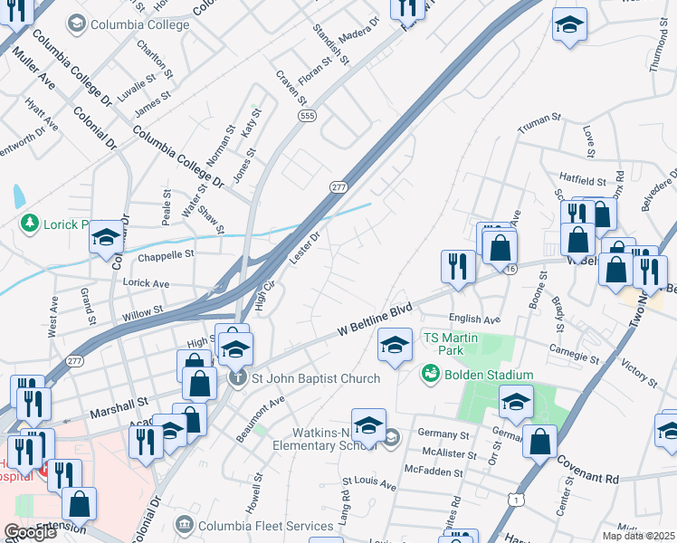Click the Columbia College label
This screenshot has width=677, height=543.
click(138, 24)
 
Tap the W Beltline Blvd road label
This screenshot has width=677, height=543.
click(375, 320)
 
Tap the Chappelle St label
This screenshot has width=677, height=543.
click(166, 255)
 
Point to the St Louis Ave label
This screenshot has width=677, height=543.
click(368, 487)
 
